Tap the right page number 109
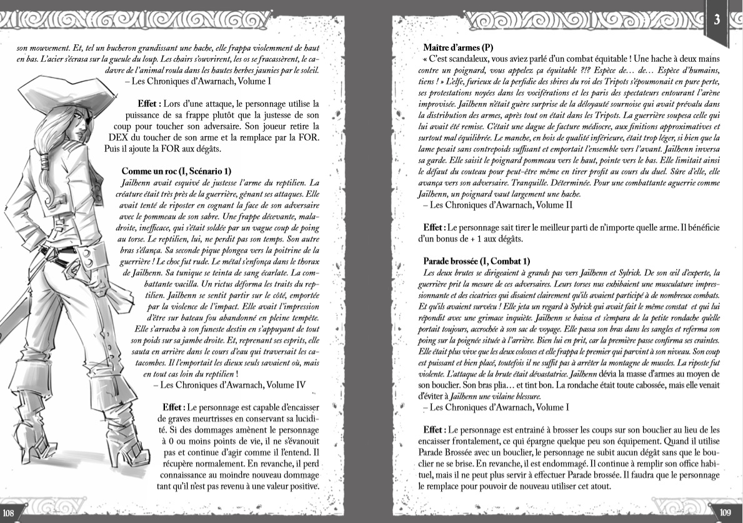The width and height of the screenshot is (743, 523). point(726,513)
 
